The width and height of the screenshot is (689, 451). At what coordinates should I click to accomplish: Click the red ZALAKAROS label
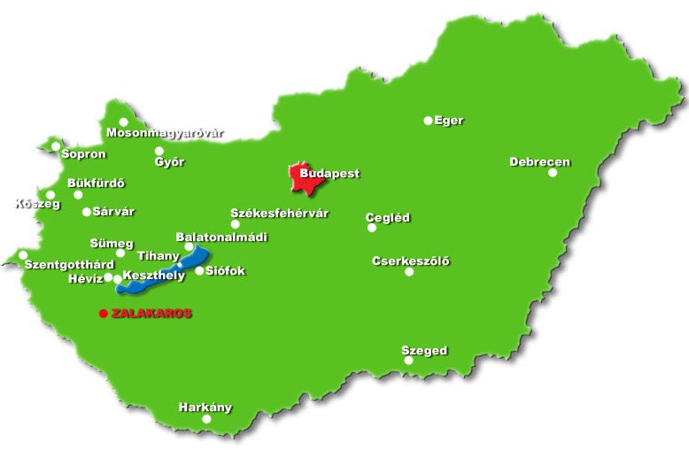151,314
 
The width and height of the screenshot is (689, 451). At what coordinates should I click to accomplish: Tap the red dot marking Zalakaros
104,314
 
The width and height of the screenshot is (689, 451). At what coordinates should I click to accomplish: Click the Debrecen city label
539,162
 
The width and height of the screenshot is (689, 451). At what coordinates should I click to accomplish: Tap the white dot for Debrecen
553,173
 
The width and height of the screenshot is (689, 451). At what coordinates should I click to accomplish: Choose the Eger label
449,121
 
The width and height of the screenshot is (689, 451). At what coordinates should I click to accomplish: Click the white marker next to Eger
429,121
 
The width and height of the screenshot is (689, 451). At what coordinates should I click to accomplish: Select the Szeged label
424,351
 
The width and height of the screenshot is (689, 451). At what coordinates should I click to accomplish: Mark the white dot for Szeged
408,361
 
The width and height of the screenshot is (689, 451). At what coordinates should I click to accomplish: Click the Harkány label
205,408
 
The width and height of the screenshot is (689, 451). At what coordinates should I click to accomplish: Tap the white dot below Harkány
207,419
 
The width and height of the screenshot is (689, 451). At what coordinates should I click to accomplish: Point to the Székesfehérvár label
279,214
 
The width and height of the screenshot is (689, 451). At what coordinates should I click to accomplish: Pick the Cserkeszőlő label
410,260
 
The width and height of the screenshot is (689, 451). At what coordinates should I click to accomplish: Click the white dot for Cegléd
372,228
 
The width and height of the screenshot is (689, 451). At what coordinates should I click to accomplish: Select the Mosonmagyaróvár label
165,134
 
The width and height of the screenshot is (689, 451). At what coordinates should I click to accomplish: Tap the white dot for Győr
159,151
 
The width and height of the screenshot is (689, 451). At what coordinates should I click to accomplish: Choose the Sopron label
83,154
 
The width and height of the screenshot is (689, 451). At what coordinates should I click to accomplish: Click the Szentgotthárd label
69,265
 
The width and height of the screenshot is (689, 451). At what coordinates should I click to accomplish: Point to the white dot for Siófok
199,271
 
